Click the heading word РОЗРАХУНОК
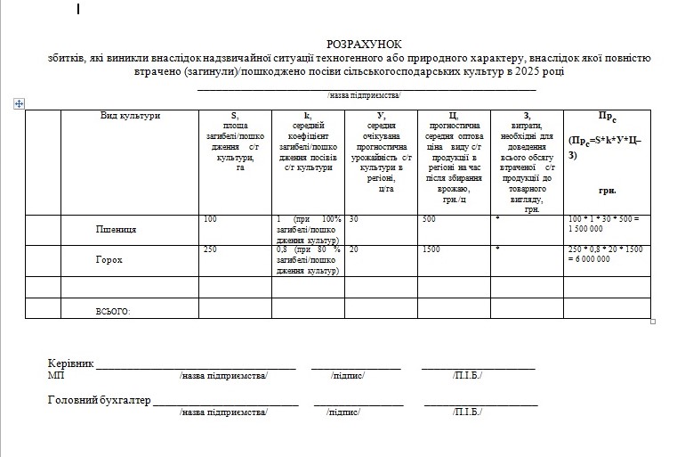[x=364, y=44]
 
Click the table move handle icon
[x=18, y=104]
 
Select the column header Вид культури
[x=130, y=116]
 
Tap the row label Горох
[x=109, y=260]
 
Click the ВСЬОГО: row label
[x=113, y=311]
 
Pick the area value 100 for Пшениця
[x=210, y=219]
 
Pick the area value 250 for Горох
[x=210, y=249]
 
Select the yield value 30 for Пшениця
[x=353, y=219]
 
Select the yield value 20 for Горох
[x=353, y=249]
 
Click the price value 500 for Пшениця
[x=429, y=219]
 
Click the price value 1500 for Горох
[x=431, y=249]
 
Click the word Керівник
[x=70, y=363]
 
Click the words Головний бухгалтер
[x=98, y=400]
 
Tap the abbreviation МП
[x=55, y=376]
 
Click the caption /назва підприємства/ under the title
[x=365, y=94]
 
